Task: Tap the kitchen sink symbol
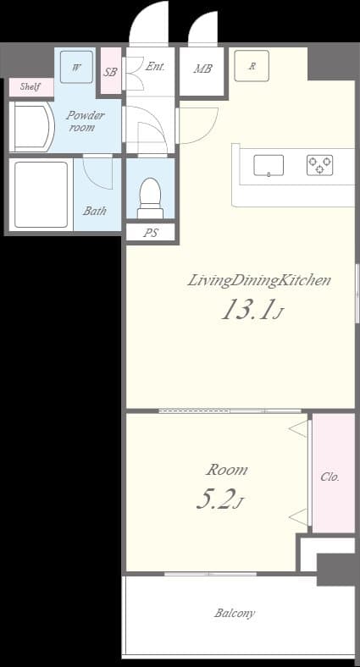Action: (x=269, y=165)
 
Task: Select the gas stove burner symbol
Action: (x=319, y=165)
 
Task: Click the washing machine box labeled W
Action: (x=76, y=67)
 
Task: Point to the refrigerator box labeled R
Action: (x=252, y=65)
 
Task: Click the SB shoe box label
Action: (x=110, y=72)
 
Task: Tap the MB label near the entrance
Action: (x=202, y=69)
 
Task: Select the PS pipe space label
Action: (x=150, y=232)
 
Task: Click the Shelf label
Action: (x=30, y=86)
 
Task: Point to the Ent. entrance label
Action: (x=155, y=65)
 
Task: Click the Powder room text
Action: (x=86, y=121)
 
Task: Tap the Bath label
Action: (x=95, y=211)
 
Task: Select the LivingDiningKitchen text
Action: (x=258, y=280)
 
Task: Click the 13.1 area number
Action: (x=247, y=311)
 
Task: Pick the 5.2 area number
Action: (x=215, y=500)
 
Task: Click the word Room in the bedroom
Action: (x=227, y=470)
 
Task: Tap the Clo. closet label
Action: (x=330, y=477)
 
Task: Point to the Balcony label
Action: (x=235, y=613)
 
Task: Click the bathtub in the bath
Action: (x=40, y=194)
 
